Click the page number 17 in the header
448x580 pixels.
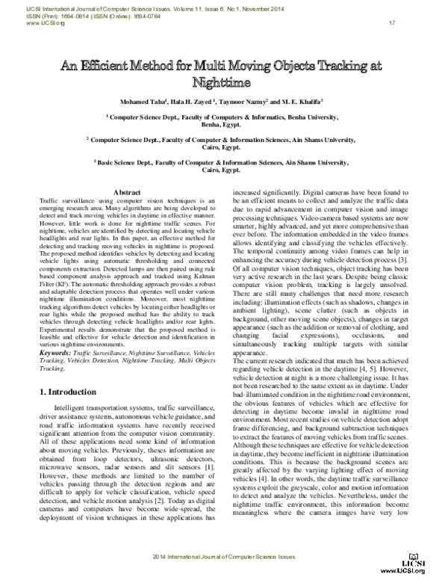coord(391,23)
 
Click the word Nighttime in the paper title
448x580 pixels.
coord(223,81)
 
